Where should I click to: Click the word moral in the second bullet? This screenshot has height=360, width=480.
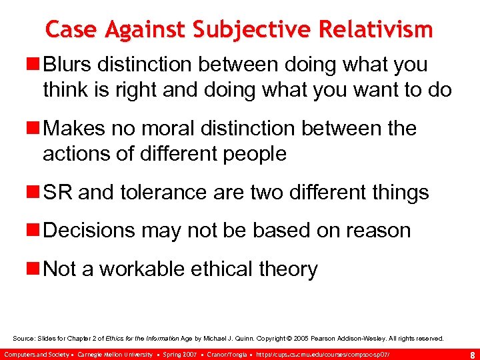pos(189,128)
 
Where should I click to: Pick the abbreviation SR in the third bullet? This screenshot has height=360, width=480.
pos(57,193)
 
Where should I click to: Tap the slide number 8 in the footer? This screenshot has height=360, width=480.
pos(472,353)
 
